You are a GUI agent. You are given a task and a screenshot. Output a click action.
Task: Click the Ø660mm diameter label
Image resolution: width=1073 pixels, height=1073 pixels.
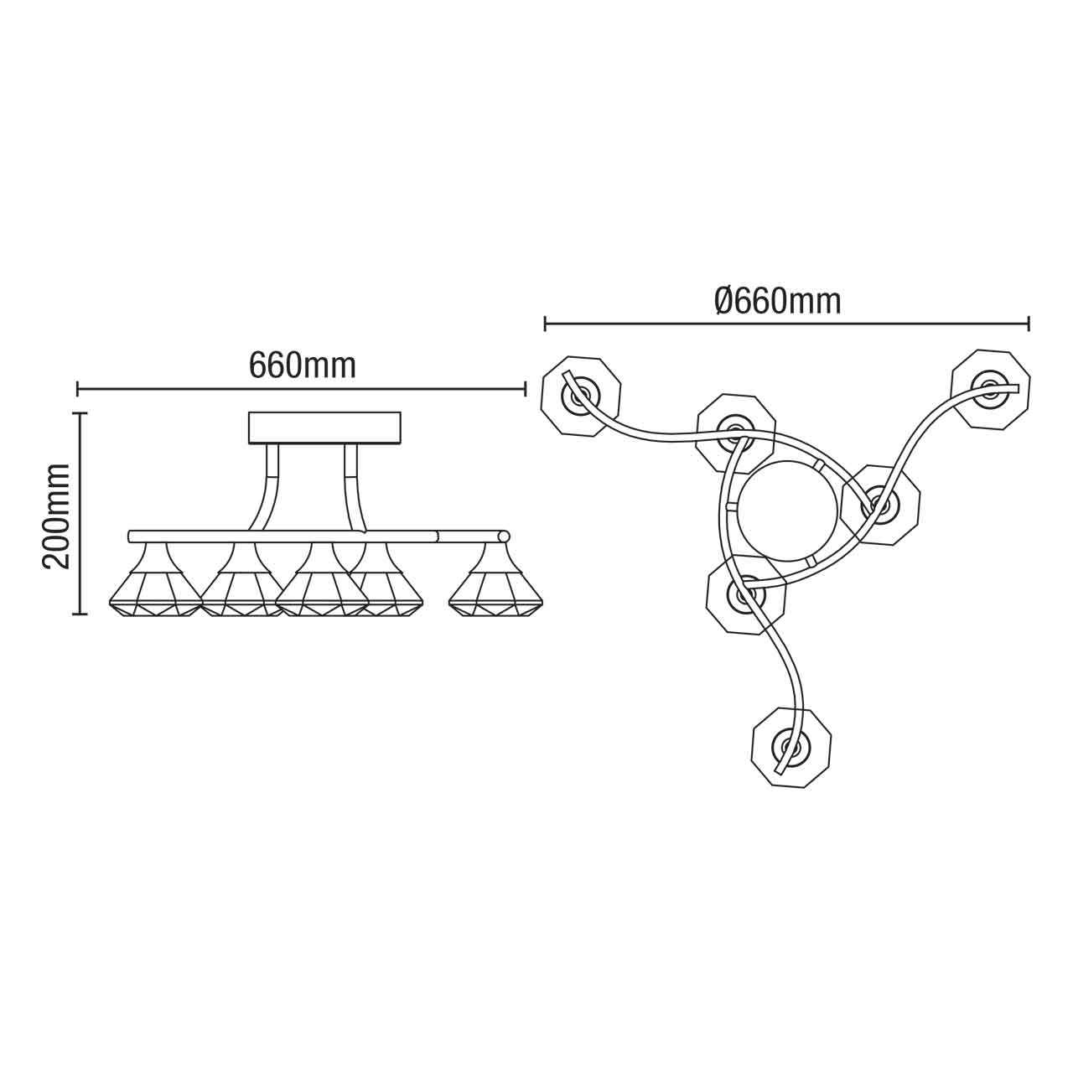pos(778,300)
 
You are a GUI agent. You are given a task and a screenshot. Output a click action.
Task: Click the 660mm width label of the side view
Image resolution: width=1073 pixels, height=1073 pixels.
pos(303,365)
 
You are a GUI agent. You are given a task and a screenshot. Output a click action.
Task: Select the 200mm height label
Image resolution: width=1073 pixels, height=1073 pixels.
pos(57,516)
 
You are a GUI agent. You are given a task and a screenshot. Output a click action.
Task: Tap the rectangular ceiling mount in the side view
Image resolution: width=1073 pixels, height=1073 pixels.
pos(325,428)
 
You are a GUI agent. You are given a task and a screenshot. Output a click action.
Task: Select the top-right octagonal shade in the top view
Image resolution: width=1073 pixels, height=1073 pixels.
pos(990,389)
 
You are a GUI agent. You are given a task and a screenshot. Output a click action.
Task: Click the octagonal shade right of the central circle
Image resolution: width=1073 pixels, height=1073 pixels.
pos(880,505)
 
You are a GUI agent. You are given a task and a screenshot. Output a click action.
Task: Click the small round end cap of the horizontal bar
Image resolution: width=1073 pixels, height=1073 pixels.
pos(504,536)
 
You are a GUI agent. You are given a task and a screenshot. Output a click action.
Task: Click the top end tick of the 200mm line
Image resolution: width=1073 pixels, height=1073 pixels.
pos(80,413)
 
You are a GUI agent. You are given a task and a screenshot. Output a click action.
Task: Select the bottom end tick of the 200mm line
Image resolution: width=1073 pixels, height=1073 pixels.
pos(80,614)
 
